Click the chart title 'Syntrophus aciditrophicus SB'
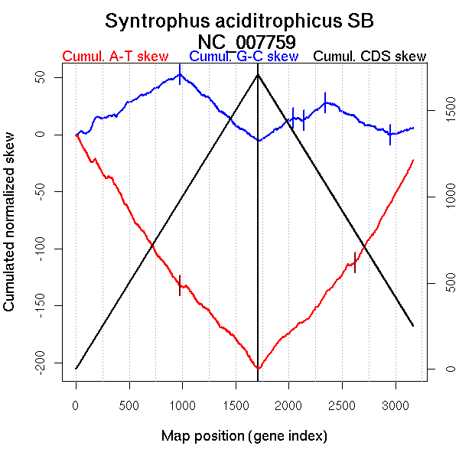tap(239, 21)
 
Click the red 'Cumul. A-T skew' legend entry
tap(116, 57)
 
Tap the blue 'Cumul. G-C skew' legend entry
tap(243, 57)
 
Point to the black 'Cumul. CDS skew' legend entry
tap(370, 57)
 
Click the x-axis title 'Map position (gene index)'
tap(244, 436)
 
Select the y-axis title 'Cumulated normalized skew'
tap(10, 231)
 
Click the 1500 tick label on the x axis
tap(236, 405)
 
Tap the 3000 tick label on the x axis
tap(396, 405)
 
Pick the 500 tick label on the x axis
tap(129, 405)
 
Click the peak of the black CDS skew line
tap(258, 74)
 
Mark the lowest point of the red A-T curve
tap(259, 369)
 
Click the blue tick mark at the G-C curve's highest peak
tap(180, 74)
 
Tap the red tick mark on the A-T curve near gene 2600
tap(355, 262)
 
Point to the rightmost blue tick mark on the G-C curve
tap(390, 134)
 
